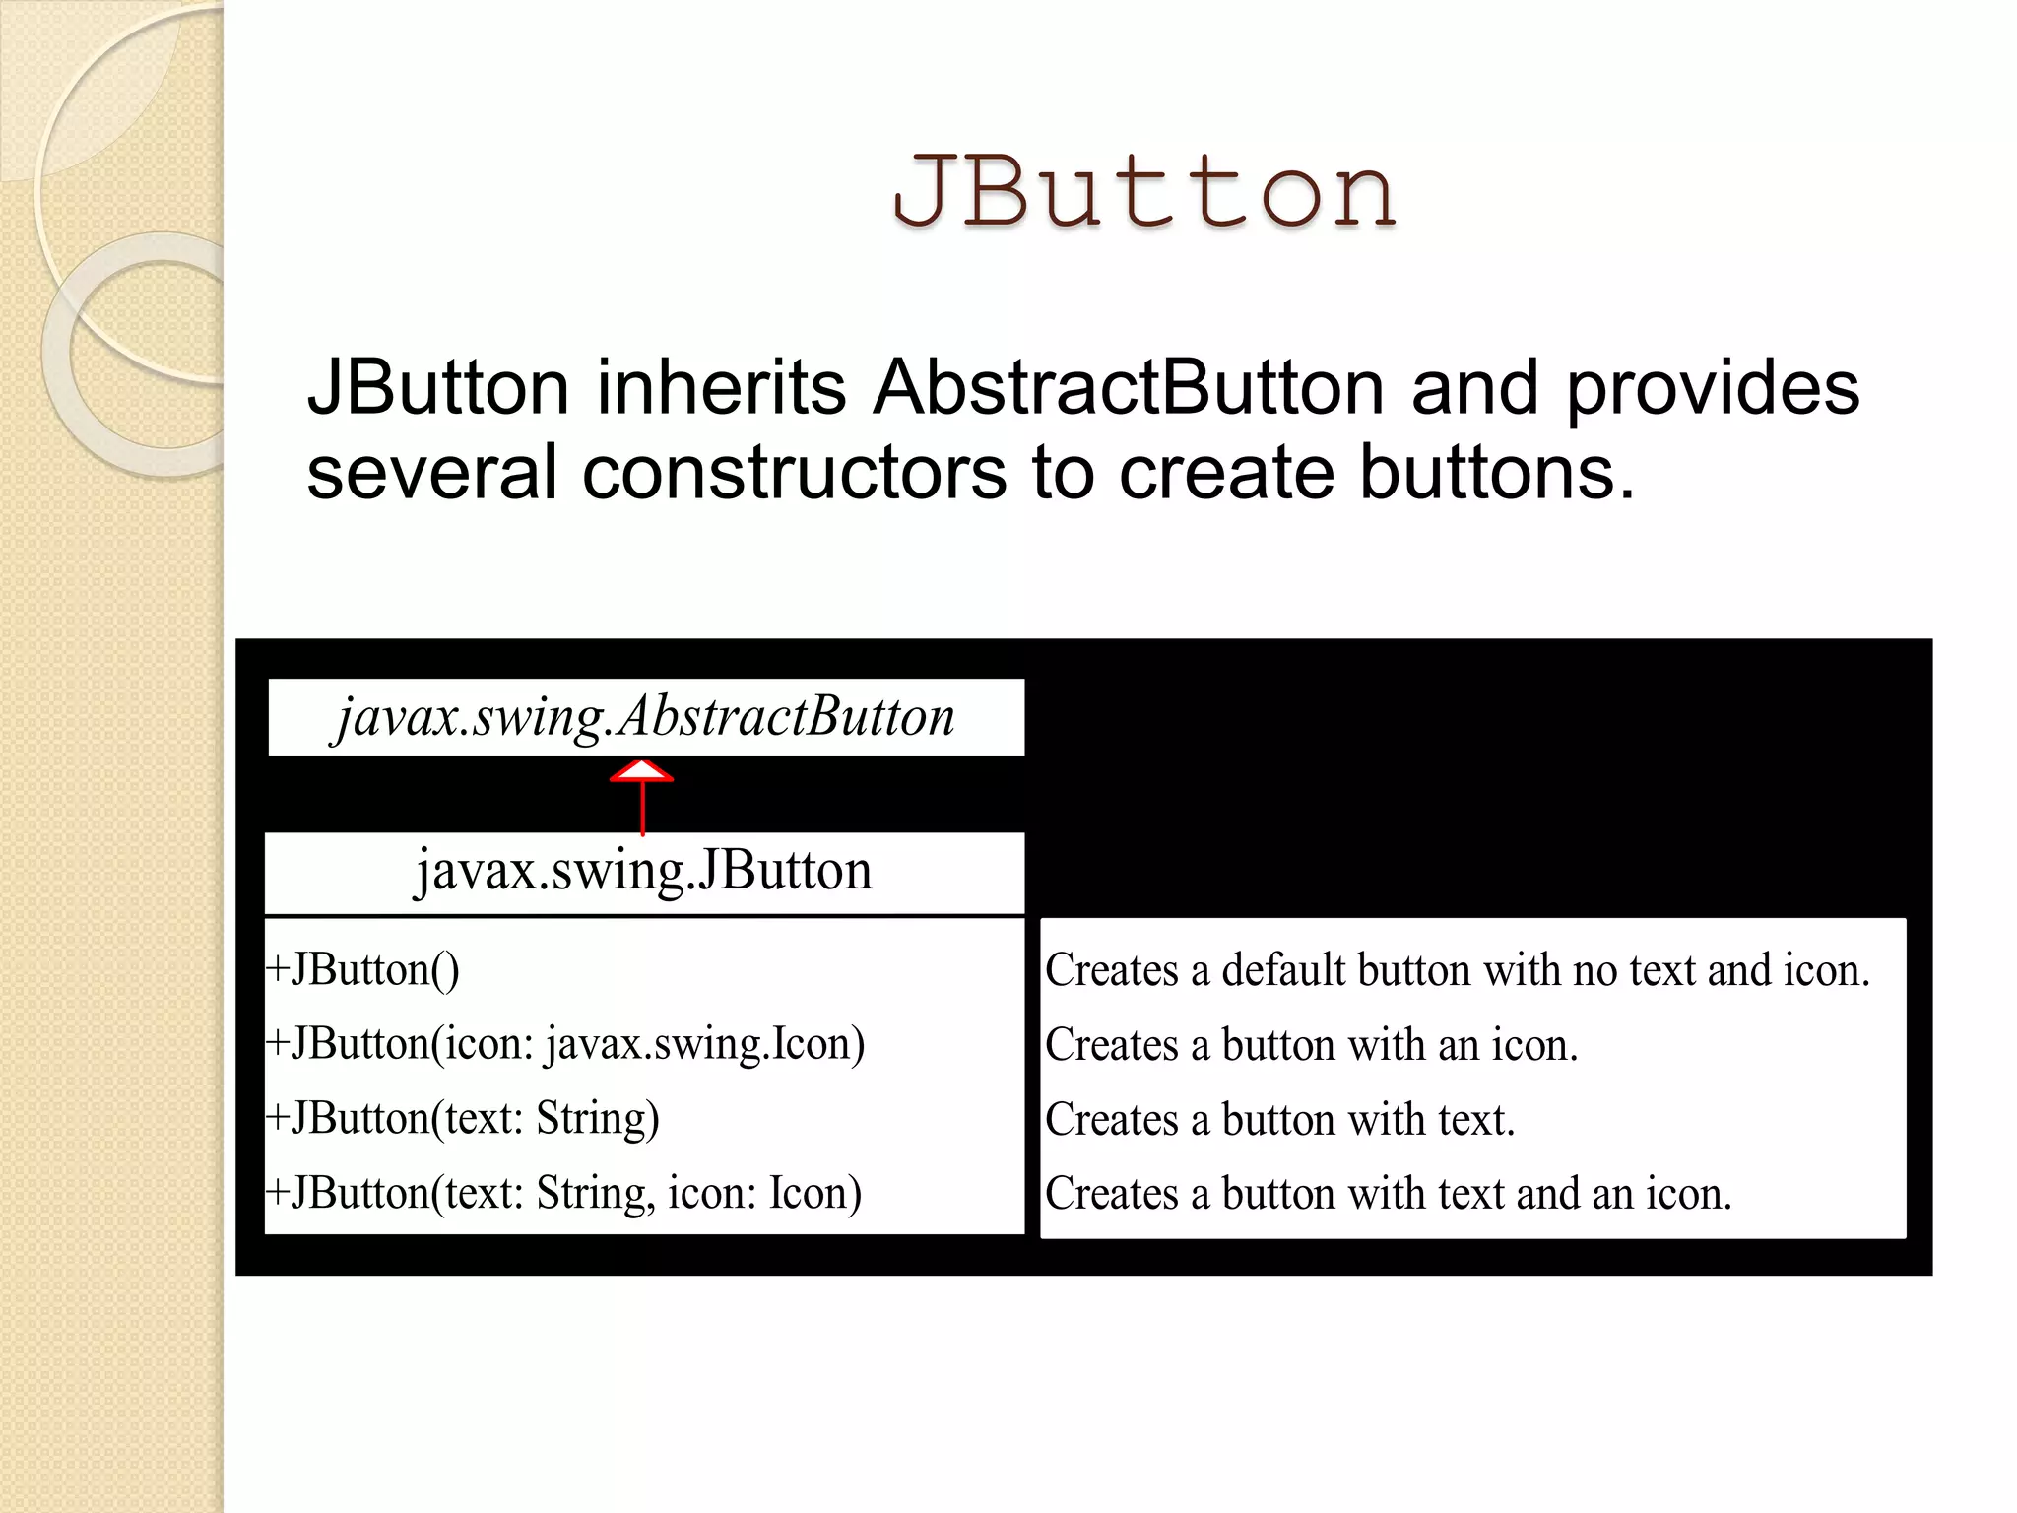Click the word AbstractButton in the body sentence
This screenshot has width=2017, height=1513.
pyautogui.click(x=1130, y=387)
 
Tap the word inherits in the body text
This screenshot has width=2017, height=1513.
pyautogui.click(x=721, y=387)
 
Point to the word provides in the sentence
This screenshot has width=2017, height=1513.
pyautogui.click(x=1713, y=387)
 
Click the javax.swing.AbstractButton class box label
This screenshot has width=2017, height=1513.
pyautogui.click(x=645, y=717)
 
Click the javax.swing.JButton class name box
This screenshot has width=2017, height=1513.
pyautogui.click(x=644, y=872)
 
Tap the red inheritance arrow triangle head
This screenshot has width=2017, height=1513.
pyautogui.click(x=642, y=771)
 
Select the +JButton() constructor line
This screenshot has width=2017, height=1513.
pyautogui.click(x=362, y=970)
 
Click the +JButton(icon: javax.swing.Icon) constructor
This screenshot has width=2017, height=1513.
pyautogui.click(x=565, y=1044)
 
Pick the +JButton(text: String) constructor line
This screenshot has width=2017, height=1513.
pyautogui.click(x=463, y=1119)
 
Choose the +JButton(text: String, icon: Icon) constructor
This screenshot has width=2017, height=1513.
pyautogui.click(x=564, y=1193)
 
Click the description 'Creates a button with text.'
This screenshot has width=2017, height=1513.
pyautogui.click(x=1279, y=1120)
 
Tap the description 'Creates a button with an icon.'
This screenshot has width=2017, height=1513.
pyautogui.click(x=1311, y=1045)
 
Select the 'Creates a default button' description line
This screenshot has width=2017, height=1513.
pyautogui.click(x=1457, y=970)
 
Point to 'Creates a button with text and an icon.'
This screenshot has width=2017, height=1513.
pyautogui.click(x=1388, y=1194)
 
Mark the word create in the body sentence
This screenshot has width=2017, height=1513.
pyautogui.click(x=1227, y=472)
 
